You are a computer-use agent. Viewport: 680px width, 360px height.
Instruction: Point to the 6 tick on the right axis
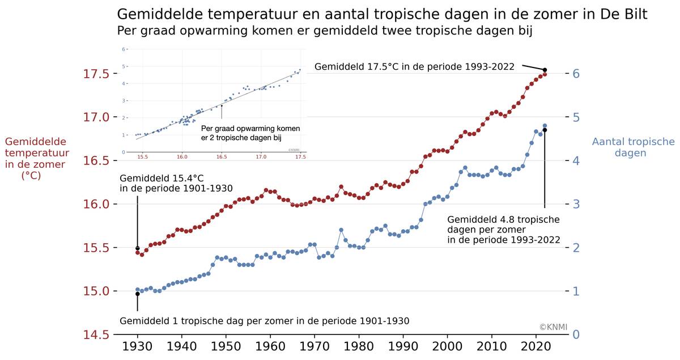point(576,74)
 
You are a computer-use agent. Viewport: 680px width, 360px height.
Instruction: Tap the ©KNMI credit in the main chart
point(553,327)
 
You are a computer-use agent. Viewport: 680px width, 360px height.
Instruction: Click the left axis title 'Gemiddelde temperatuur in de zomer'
point(35,159)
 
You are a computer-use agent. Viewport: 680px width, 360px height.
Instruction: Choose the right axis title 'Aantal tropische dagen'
point(633,147)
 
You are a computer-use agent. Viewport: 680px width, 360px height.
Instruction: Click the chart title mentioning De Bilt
point(381,14)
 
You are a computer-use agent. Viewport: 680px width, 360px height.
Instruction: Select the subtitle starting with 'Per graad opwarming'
point(324,31)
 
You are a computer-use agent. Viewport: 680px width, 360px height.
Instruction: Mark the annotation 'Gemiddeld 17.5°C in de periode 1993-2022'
point(414,67)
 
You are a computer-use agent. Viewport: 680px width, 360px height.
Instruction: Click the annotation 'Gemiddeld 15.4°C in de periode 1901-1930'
point(176,183)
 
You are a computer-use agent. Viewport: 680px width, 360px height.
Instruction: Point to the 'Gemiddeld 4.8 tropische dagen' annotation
point(503,230)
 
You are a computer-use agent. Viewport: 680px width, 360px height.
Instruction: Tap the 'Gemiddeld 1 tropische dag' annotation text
point(264,321)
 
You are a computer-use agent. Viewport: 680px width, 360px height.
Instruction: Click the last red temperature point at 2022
point(545,74)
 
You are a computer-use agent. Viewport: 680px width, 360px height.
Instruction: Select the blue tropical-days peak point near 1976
point(341,230)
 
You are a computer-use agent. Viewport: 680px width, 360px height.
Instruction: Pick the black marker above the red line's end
point(545,70)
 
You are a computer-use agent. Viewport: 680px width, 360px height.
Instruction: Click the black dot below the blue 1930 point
point(137,294)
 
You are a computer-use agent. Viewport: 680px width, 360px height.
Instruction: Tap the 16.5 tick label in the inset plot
point(222,156)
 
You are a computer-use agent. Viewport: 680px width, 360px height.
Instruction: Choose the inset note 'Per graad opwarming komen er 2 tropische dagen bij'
point(250,133)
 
